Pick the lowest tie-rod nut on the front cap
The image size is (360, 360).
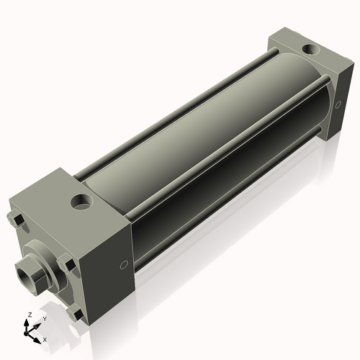[x=74, y=314]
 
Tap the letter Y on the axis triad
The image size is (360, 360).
[x=44, y=318]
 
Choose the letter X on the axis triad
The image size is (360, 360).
[x=45, y=338]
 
